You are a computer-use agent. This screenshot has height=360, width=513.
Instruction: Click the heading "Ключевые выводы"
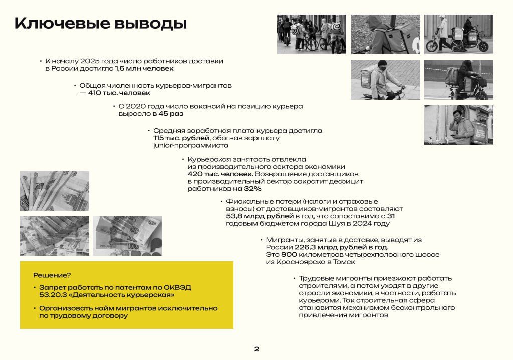(101, 24)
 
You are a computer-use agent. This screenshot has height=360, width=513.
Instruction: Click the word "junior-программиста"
(191, 145)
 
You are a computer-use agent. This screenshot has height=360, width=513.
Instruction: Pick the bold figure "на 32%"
(246, 189)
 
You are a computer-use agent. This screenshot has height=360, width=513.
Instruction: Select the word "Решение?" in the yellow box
(52, 275)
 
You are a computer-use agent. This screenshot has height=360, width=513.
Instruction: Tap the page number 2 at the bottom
(256, 349)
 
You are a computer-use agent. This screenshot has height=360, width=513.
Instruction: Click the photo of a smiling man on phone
(458, 125)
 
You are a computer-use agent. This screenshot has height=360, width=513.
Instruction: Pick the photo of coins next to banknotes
(128, 236)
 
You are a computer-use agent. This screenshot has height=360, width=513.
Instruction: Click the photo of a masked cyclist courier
(385, 80)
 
